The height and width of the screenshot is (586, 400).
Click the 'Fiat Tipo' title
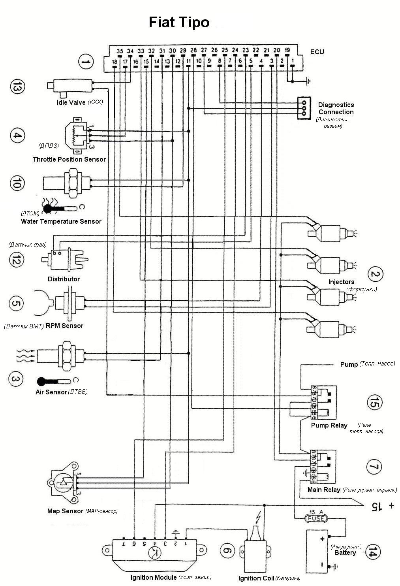click(x=179, y=22)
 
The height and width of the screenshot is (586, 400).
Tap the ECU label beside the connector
click(x=317, y=52)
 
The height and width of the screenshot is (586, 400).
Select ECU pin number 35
click(x=120, y=51)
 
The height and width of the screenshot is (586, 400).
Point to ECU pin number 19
click(x=287, y=50)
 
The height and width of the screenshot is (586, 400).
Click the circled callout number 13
click(x=17, y=88)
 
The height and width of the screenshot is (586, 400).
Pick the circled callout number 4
click(x=17, y=136)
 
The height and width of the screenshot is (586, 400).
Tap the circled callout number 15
click(x=374, y=403)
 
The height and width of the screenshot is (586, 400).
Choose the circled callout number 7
click(x=374, y=467)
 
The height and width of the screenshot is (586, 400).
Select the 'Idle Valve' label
click(x=71, y=102)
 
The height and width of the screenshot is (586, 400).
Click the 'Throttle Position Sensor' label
click(x=69, y=159)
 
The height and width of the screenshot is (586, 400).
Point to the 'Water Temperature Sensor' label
click(x=61, y=221)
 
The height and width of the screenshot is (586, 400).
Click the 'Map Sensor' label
click(x=65, y=511)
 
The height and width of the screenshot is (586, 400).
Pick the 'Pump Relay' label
click(x=329, y=426)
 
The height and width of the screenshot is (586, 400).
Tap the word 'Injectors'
click(x=341, y=282)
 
